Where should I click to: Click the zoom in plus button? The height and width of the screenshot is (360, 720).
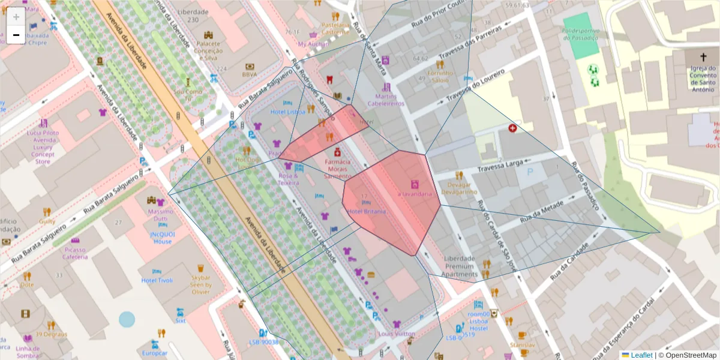(16, 17)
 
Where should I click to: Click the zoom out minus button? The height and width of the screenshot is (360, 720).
(16, 35)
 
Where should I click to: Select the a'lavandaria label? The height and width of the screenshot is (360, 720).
(415, 194)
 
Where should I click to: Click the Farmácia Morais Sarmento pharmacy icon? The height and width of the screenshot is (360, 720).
(337, 153)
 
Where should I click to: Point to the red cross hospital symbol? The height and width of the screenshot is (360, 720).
(512, 128)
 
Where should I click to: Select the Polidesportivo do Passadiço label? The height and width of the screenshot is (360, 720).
(580, 34)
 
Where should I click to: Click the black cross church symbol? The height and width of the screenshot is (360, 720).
(703, 57)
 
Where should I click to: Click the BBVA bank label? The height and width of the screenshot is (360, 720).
(249, 74)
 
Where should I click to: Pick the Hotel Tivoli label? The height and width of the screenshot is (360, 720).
(157, 280)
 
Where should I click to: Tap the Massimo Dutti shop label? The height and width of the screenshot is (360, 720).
(160, 215)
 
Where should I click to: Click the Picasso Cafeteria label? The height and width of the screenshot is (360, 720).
(75, 253)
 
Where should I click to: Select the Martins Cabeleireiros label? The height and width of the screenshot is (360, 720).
(386, 100)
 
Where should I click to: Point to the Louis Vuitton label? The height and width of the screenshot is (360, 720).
(397, 334)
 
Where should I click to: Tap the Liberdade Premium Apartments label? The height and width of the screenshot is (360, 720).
(460, 266)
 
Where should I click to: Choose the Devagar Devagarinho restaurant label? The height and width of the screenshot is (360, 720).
(459, 188)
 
